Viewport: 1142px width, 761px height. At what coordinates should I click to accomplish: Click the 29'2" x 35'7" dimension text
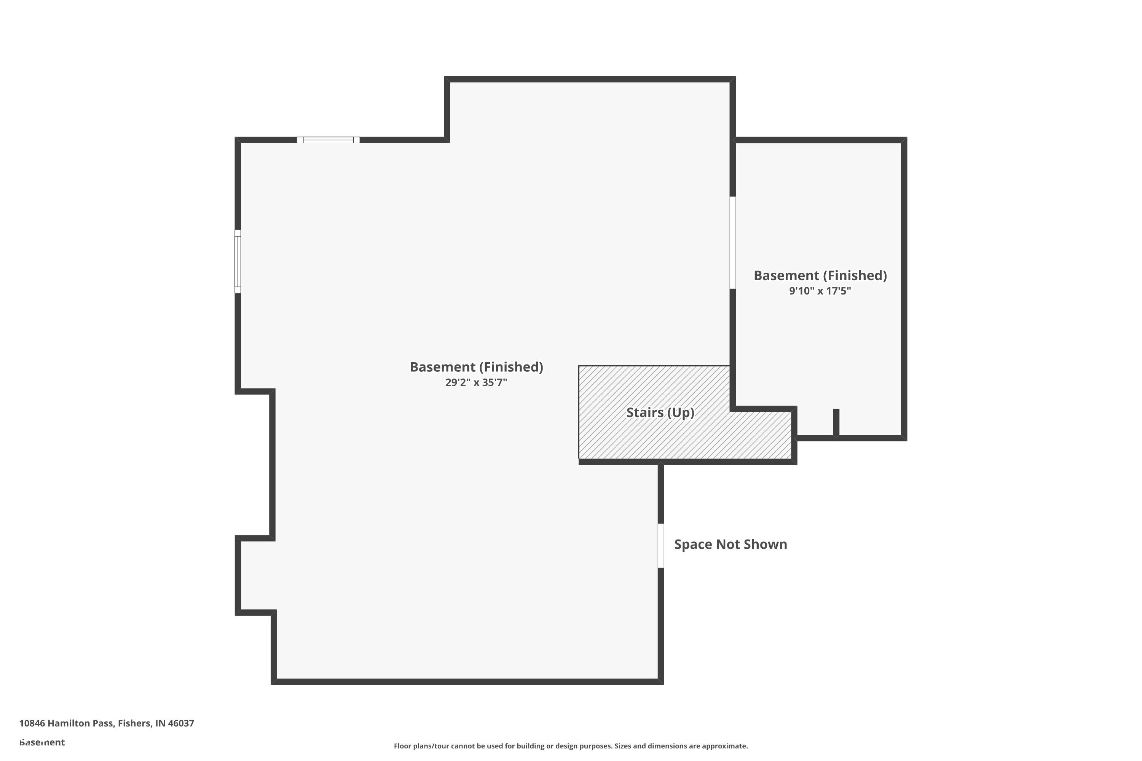(476, 382)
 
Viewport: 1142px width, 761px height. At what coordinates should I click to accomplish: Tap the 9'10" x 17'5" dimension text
(820, 291)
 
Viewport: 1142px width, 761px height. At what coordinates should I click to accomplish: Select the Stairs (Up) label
(660, 412)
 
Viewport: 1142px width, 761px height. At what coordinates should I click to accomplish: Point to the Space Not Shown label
(730, 544)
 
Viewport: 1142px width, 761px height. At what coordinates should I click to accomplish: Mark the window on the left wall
(238, 262)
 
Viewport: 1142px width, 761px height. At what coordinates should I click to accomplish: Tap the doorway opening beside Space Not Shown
(661, 546)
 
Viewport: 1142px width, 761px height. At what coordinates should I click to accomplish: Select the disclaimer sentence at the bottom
(571, 746)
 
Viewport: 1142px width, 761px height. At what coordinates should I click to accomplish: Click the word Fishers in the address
(134, 723)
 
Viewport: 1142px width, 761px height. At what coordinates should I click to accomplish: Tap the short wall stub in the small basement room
(836, 422)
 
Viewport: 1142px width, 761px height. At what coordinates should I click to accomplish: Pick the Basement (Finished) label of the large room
(476, 367)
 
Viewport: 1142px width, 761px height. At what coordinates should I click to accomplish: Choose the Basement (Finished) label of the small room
(820, 275)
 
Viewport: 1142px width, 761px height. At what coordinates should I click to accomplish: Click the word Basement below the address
(42, 742)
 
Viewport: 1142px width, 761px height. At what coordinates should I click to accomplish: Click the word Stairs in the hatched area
(644, 412)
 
